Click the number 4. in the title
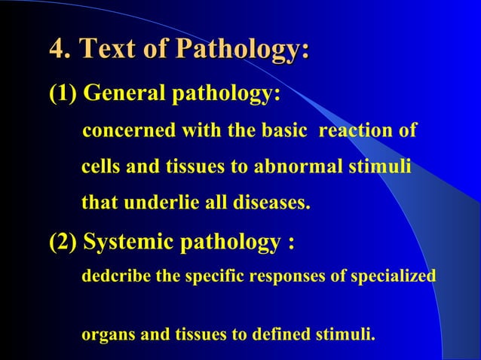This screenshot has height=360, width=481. pos(60,50)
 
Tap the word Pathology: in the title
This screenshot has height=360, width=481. pos(242,50)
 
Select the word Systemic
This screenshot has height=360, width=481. pos(126,244)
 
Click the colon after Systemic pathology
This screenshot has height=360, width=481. pos(290,244)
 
